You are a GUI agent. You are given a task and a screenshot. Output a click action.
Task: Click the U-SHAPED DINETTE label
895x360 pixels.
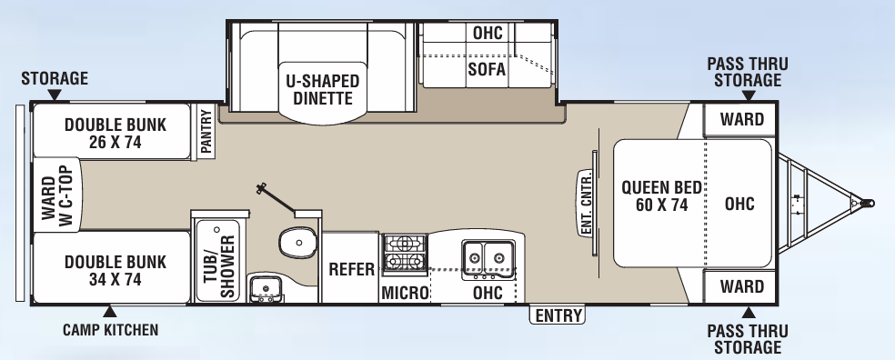coord(323,89)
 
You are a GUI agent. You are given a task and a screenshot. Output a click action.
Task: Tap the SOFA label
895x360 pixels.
coord(488,69)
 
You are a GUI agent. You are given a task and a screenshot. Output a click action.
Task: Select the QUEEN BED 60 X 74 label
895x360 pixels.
coord(661,196)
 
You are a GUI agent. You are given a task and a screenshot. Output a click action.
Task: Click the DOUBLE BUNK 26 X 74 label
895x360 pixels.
coord(116,134)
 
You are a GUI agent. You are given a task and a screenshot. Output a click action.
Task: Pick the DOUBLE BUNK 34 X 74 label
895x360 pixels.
coord(116,270)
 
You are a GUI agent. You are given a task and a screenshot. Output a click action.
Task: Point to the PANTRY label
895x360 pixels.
coord(206,133)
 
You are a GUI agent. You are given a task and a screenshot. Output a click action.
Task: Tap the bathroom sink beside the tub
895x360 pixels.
coord(266,289)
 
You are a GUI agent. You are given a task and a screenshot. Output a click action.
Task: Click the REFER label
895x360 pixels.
coord(351,269)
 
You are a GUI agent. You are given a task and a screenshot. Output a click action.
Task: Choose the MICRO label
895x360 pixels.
coord(404,293)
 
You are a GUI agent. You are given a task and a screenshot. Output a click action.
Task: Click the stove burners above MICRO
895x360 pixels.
coord(404,253)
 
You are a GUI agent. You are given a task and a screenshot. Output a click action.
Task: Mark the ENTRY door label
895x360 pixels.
coord(558,315)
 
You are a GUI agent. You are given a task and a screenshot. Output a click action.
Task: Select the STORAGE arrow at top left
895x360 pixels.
coord(54,95)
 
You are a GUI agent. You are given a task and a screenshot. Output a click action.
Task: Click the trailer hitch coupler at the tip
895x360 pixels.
coord(867,204)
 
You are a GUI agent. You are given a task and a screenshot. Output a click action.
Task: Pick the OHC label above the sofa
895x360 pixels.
coord(488,33)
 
